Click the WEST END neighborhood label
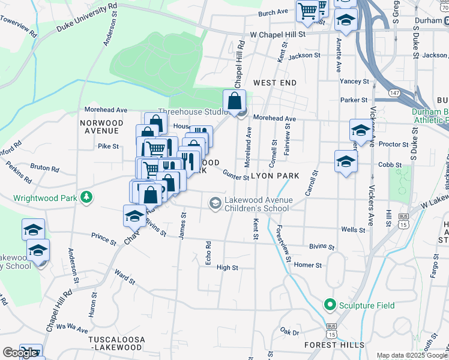[275, 82]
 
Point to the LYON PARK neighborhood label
[275, 176]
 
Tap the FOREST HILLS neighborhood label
[334, 345]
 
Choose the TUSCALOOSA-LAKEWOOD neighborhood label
[116, 343]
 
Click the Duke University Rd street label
[86, 18]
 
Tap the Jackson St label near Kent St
[304, 55]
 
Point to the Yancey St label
[354, 81]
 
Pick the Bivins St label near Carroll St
[322, 247]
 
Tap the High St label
[228, 268]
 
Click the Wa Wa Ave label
[72, 328]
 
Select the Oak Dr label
[289, 331]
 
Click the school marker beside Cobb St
[346, 161]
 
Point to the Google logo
[20, 353]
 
